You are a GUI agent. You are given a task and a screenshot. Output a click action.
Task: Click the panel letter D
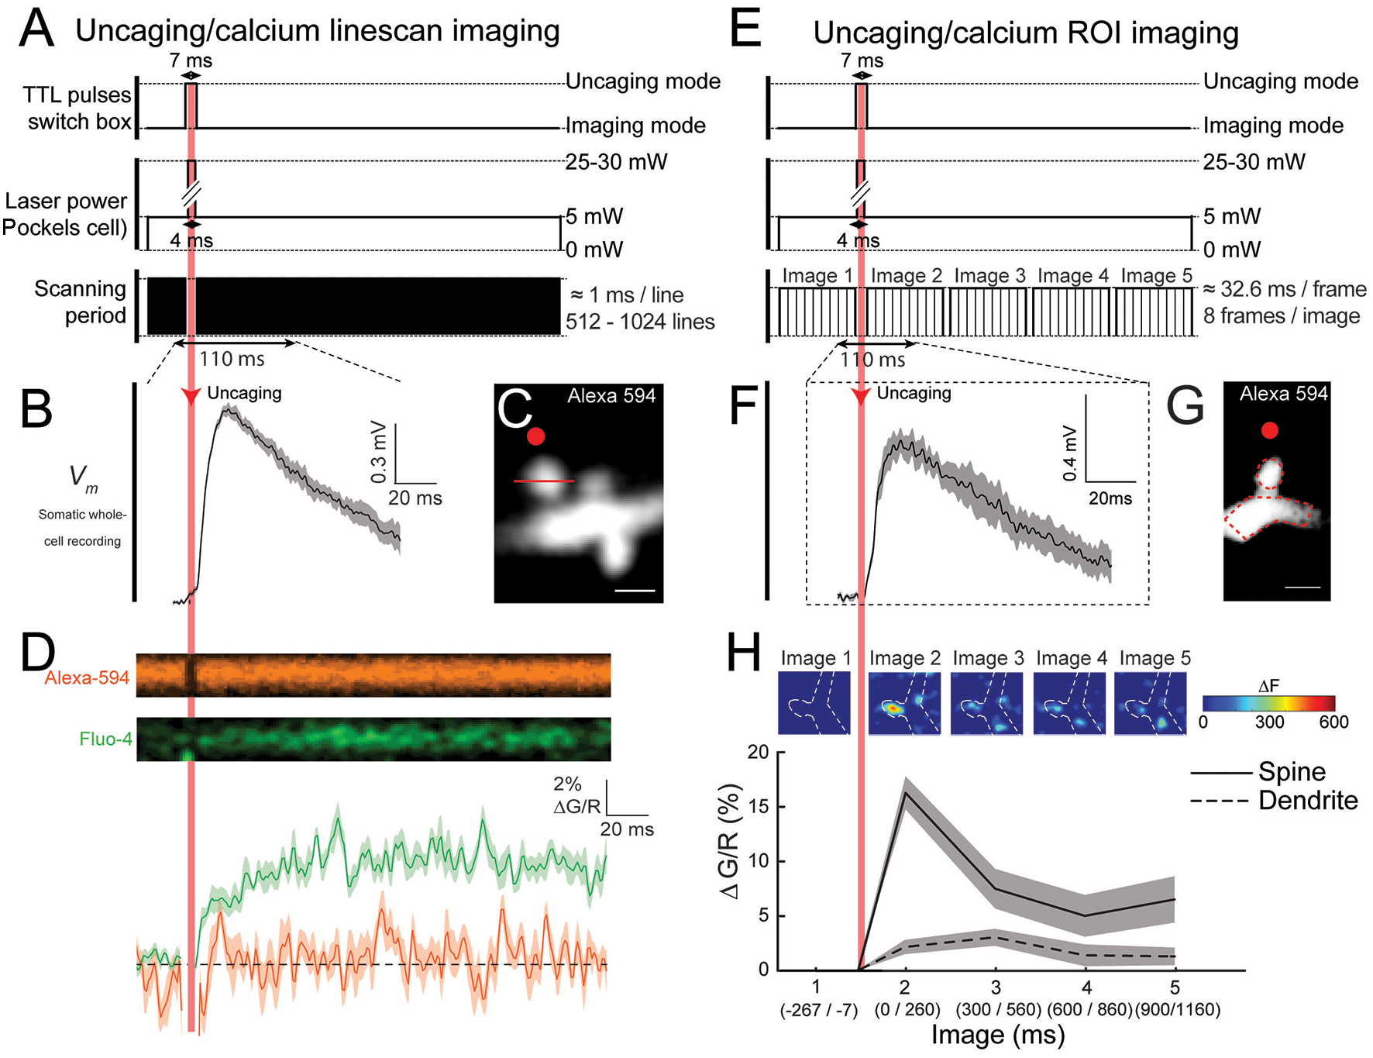(37, 653)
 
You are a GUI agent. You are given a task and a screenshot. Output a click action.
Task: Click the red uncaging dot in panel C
(535, 436)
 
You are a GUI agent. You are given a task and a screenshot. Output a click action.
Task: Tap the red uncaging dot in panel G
(1269, 430)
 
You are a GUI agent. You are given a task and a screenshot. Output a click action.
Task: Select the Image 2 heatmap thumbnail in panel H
(904, 703)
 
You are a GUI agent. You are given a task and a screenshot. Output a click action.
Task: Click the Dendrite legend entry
(1307, 801)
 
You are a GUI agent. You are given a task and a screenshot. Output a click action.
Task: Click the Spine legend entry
(1291, 772)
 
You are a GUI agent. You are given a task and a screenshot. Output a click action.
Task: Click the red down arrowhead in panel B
(191, 396)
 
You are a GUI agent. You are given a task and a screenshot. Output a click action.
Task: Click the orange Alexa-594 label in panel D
(87, 678)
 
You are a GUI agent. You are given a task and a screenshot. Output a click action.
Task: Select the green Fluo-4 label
(105, 739)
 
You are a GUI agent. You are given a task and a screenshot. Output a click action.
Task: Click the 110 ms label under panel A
(232, 359)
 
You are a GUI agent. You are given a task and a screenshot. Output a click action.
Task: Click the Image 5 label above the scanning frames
(1156, 276)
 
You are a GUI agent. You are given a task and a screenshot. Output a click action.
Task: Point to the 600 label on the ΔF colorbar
(1333, 722)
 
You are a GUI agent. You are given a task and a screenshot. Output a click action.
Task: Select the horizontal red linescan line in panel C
(544, 481)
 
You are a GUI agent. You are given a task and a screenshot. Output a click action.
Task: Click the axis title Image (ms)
(998, 1036)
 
